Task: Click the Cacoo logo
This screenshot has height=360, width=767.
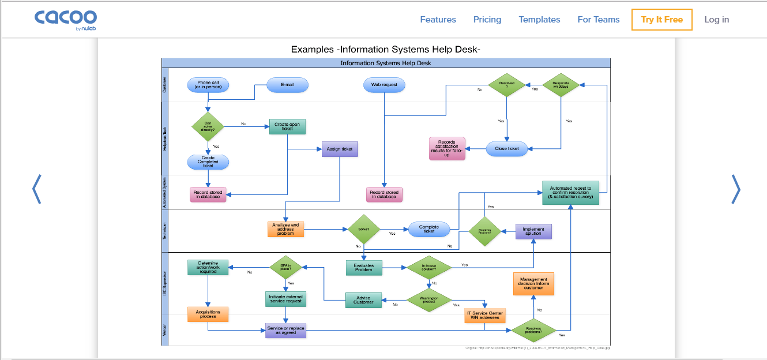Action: (65, 19)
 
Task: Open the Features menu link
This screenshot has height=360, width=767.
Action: (438, 20)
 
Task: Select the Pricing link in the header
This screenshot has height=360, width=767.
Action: (487, 20)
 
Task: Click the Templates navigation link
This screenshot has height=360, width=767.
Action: (539, 20)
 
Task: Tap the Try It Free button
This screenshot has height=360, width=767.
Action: (661, 20)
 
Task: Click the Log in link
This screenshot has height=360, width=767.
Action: (716, 20)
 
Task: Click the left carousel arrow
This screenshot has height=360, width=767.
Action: (36, 189)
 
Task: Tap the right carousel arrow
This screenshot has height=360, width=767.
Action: (735, 189)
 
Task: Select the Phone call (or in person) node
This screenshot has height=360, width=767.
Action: (208, 85)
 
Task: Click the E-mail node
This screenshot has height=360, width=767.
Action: (287, 85)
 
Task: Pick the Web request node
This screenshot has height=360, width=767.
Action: (384, 85)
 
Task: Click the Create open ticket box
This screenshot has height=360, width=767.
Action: (287, 126)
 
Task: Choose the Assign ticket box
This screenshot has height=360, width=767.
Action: (340, 149)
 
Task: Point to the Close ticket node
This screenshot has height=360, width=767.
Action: (506, 148)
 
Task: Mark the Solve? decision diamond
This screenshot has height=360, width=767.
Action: (364, 229)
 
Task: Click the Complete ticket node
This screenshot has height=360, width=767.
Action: (428, 229)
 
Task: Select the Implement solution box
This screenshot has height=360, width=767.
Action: (533, 231)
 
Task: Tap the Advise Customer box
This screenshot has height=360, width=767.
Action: (363, 300)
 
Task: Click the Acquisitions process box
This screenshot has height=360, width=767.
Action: (208, 314)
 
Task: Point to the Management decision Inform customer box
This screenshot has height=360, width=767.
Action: (533, 284)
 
